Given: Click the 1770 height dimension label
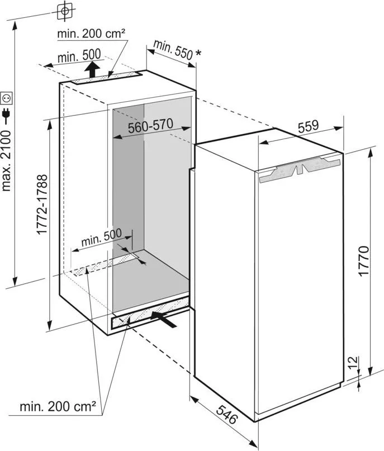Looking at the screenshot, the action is point(364,261).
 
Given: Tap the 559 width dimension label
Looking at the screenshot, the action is point(309,126).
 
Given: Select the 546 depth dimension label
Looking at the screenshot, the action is point(227,414).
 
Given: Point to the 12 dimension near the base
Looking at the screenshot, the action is point(353,363).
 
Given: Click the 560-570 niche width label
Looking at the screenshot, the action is point(150,126).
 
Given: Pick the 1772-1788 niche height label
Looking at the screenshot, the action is point(42,204).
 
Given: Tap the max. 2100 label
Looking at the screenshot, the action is point(6,160).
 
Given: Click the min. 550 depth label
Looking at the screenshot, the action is point(173,50).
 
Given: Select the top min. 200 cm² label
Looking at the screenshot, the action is point(91,34).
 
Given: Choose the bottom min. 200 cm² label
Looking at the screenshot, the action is point(58,406).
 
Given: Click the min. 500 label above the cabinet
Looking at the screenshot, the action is point(79,56).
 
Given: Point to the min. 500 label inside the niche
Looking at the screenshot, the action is point(102,238).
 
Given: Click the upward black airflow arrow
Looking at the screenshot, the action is point(92,69).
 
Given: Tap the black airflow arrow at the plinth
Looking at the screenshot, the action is point(163,319).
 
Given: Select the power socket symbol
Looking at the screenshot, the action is point(6,98).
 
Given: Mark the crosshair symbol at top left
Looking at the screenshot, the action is point(65,12).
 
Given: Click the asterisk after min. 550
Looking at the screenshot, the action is point(198,53).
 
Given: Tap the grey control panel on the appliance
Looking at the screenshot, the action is point(300,170).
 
